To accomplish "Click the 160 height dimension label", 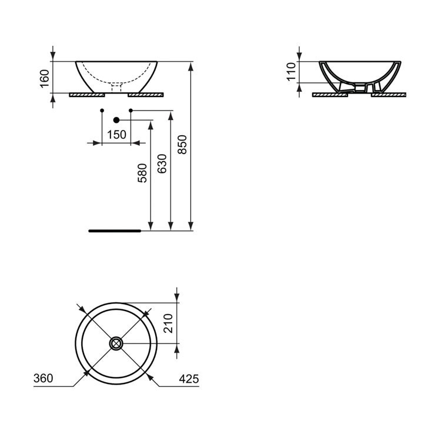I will pos(44,78).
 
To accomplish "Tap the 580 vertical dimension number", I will pos(142,173).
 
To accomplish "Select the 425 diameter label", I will pos(189,379).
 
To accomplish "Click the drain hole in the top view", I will pos(116,342).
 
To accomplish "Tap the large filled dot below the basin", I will pos(116,120).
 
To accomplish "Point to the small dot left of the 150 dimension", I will pos(102,110).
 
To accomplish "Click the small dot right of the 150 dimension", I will pos(131,110).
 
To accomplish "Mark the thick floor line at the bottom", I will pos(115,231).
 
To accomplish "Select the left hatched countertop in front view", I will pos(86,94).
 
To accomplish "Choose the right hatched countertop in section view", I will pos(388,94).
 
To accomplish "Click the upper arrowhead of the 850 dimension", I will pos(191,65).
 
